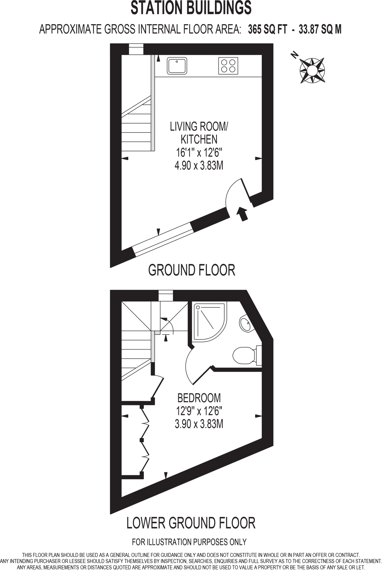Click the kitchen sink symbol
click(x=177, y=66)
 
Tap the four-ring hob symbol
click(x=228, y=66)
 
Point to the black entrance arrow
click(x=242, y=214)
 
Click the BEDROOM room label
click(x=199, y=398)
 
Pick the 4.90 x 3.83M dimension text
click(x=199, y=166)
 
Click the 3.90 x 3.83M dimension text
click(x=199, y=424)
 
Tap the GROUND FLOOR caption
click(x=192, y=270)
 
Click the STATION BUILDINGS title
click(x=191, y=8)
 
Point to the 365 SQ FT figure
click(x=267, y=29)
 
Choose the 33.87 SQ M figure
click(x=320, y=29)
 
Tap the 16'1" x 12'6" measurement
click(x=199, y=153)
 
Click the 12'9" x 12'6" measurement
click(x=199, y=411)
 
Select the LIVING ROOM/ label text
click(x=199, y=126)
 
